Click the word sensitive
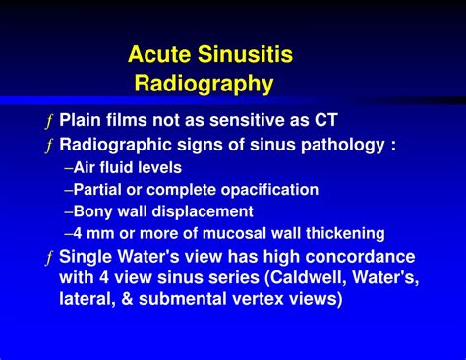pyautogui.click(x=213, y=121)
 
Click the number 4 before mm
pyautogui.click(x=79, y=234)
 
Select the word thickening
pyautogui.click(x=341, y=234)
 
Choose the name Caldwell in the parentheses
pyautogui.click(x=288, y=278)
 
